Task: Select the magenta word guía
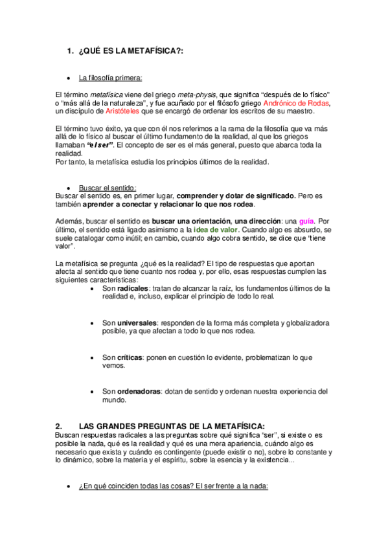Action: pyautogui.click(x=307, y=221)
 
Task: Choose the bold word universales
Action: pyautogui.click(x=137, y=322)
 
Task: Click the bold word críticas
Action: pyautogui.click(x=130, y=357)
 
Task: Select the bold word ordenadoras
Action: pyautogui.click(x=139, y=391)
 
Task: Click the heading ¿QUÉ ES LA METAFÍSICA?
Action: pyautogui.click(x=130, y=51)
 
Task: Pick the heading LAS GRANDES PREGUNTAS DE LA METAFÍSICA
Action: pyautogui.click(x=172, y=425)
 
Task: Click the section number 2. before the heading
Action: pyautogui.click(x=59, y=425)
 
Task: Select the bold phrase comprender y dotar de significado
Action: pyautogui.click(x=236, y=196)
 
